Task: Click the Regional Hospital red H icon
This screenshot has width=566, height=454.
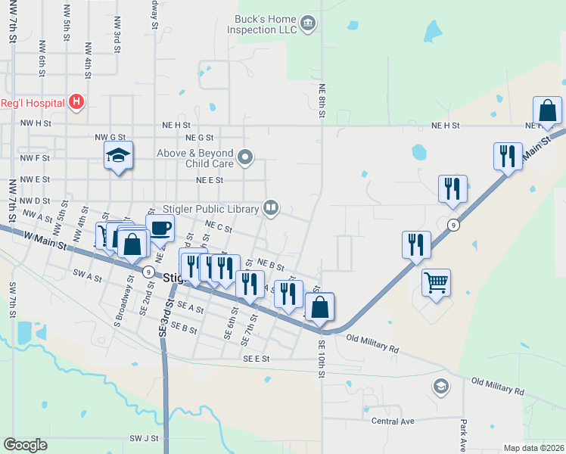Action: click(76, 101)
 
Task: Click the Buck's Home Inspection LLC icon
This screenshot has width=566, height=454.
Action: click(307, 23)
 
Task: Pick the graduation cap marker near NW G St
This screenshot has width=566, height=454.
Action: click(118, 156)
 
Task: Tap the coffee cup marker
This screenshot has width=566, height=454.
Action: click(160, 227)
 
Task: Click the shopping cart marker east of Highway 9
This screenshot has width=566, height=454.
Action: click(436, 283)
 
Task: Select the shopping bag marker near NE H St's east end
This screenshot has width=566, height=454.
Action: click(547, 111)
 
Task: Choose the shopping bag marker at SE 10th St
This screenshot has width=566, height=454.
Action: click(319, 306)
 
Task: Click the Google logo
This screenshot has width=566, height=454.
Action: click(25, 445)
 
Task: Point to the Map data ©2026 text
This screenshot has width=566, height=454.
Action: click(534, 448)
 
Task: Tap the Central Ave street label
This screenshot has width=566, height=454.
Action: click(393, 421)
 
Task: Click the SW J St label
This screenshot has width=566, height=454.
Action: click(144, 438)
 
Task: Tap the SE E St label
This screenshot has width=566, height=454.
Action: click(257, 358)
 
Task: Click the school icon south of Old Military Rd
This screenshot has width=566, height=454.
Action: click(440, 387)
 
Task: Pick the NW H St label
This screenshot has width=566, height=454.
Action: click(35, 123)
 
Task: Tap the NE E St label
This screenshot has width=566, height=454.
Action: click(210, 180)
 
